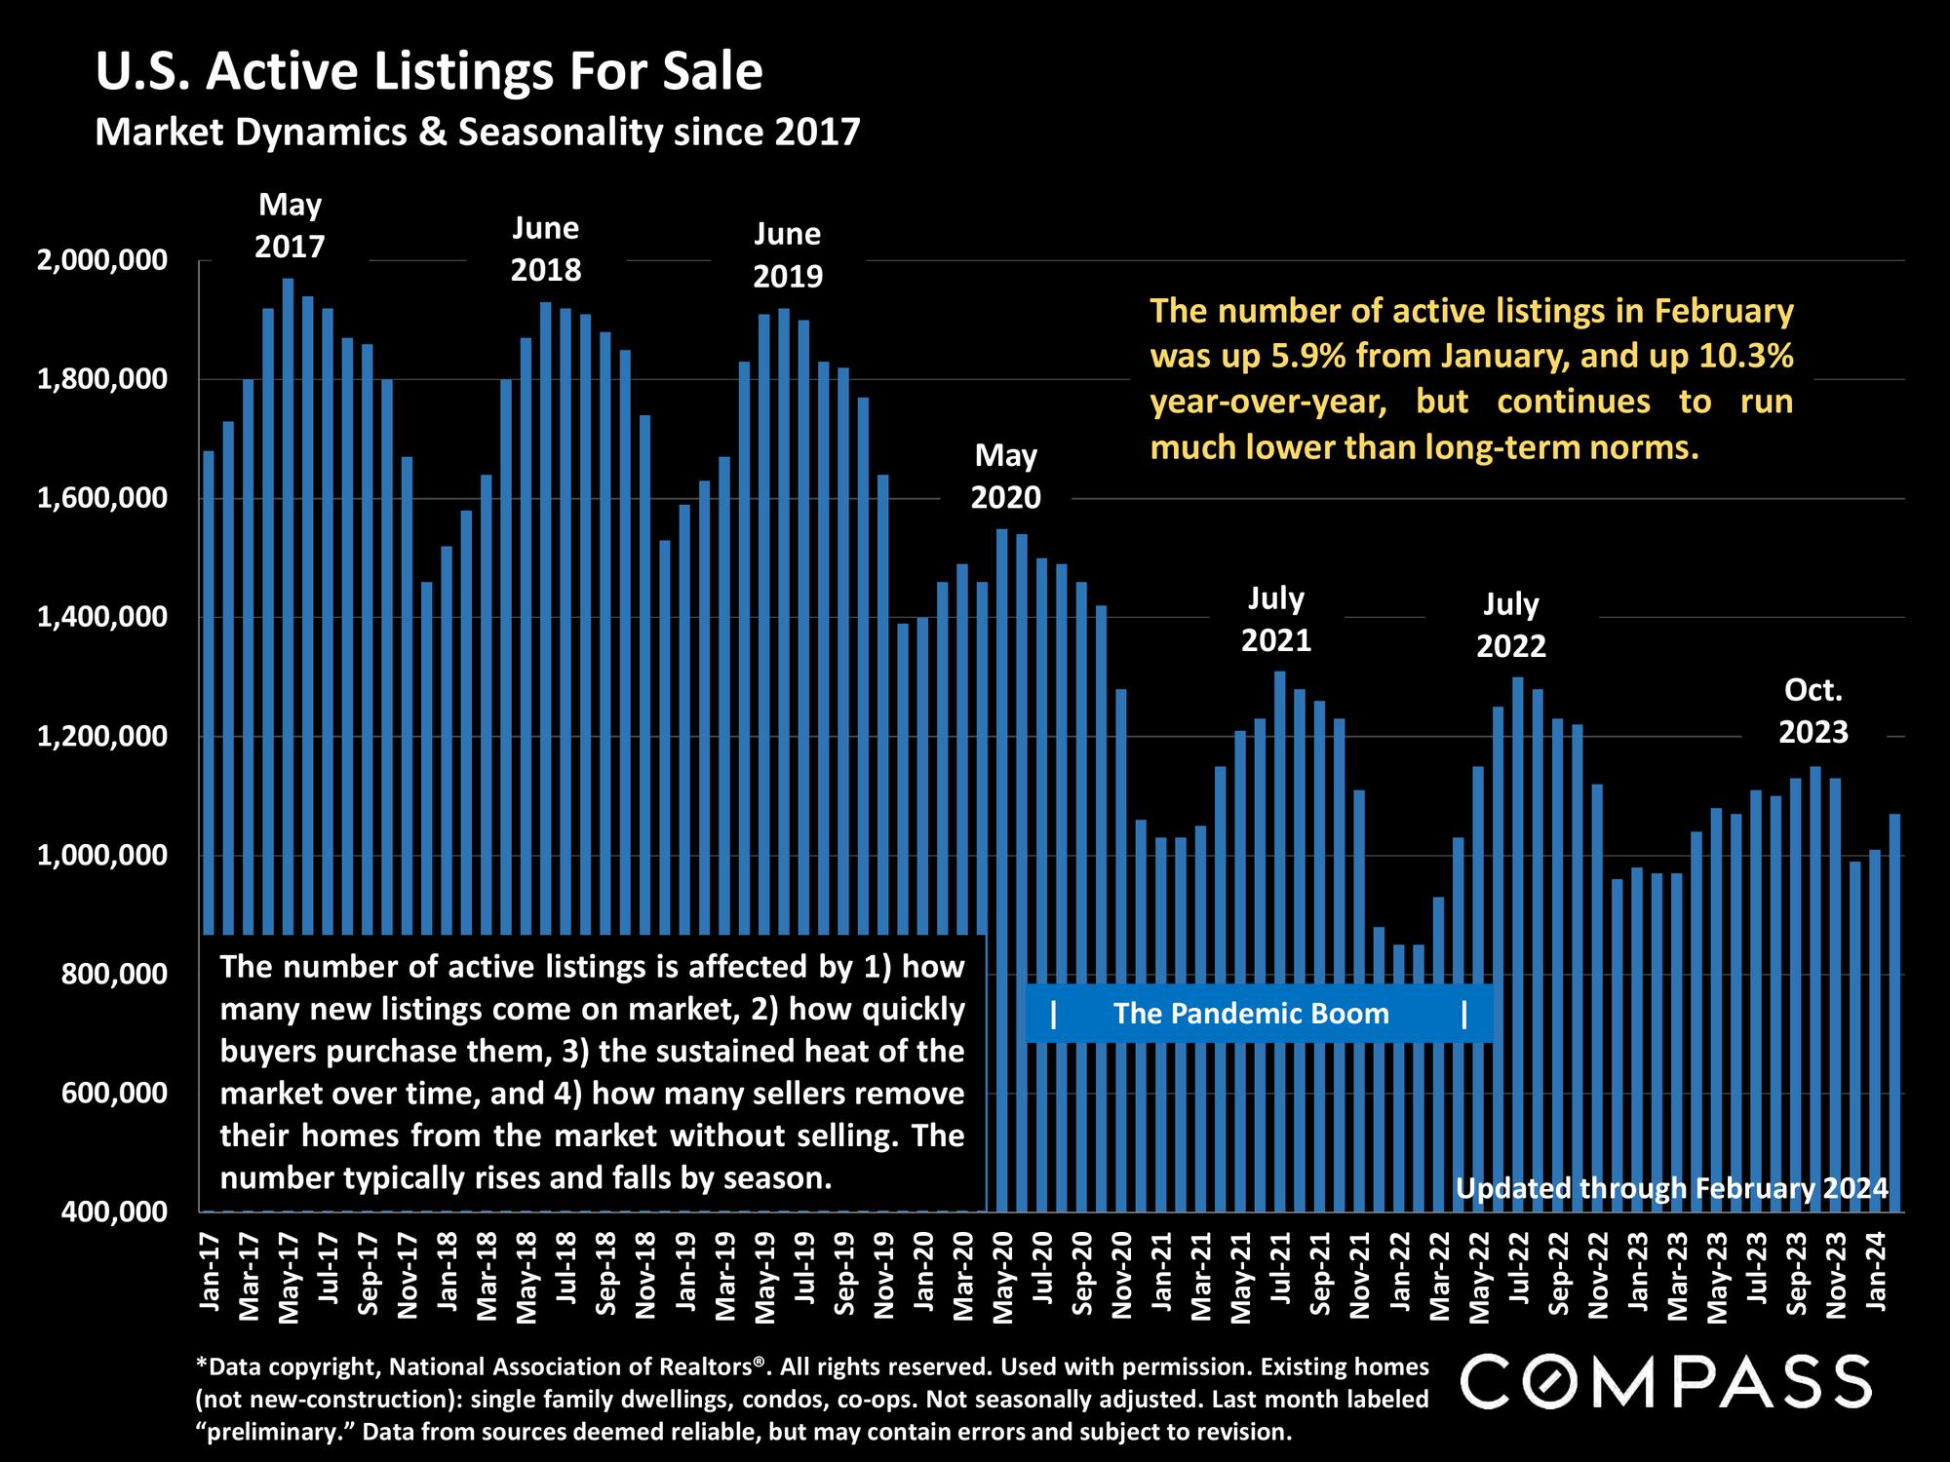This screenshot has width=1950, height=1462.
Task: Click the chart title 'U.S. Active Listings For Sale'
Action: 429,73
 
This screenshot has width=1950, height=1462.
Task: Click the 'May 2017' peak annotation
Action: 290,225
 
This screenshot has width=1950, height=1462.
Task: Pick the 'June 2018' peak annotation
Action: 546,249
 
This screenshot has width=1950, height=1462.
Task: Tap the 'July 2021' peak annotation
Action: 1276,619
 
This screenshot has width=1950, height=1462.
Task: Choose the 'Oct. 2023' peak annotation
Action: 1813,711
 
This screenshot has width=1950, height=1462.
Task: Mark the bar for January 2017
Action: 209,682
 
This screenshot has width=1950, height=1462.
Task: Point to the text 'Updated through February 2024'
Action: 1671,1189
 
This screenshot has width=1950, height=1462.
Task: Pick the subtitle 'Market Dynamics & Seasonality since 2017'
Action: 478,132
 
